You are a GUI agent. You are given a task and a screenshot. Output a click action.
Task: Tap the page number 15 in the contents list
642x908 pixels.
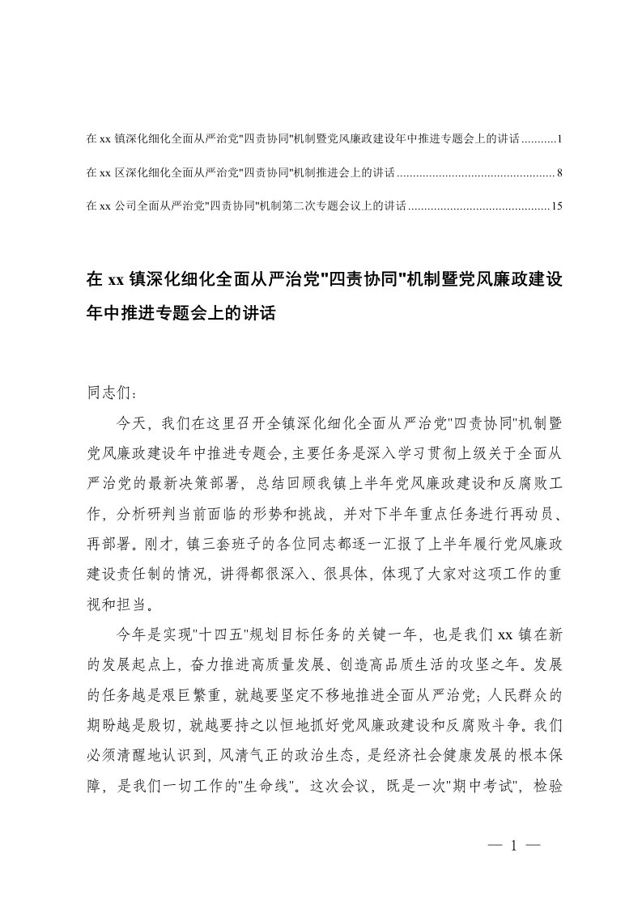coord(556,206)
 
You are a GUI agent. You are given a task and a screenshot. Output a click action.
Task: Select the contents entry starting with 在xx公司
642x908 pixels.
coord(243,206)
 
